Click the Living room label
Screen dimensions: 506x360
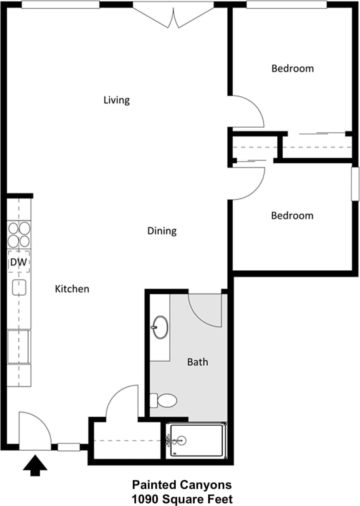click(x=117, y=100)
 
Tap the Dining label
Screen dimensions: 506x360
click(x=162, y=231)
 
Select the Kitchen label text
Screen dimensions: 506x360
click(x=72, y=289)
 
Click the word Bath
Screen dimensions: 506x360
click(x=198, y=362)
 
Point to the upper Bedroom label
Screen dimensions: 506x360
click(x=292, y=68)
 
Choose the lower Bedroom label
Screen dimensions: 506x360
click(x=292, y=215)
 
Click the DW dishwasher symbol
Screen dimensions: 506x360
click(x=19, y=261)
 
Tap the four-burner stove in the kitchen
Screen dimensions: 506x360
click(x=19, y=234)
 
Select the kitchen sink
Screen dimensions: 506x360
click(x=19, y=287)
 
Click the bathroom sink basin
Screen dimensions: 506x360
click(x=160, y=327)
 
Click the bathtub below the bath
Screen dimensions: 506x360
click(x=197, y=441)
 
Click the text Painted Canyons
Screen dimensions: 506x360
click(x=182, y=484)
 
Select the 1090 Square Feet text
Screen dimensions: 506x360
click(x=182, y=499)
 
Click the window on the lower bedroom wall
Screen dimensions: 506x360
click(x=355, y=184)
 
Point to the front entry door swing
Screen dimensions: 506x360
click(x=35, y=430)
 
